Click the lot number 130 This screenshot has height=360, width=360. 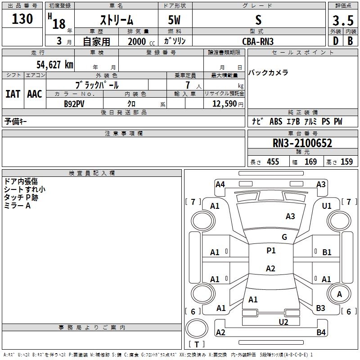[23, 19]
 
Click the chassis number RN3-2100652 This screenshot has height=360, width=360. [302, 144]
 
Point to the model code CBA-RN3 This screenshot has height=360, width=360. [258, 41]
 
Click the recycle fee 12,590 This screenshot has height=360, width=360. [224, 104]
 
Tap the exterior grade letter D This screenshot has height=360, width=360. [335, 41]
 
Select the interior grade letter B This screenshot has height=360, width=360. [350, 41]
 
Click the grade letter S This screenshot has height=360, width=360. [258, 20]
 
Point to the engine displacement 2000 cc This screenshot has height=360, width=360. [137, 41]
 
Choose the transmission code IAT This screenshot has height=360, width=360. [13, 94]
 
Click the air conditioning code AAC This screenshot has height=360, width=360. [35, 94]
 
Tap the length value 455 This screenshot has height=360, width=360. [273, 162]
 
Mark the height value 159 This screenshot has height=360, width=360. [346, 162]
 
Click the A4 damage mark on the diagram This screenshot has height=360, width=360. [220, 184]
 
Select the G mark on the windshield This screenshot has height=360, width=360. [284, 237]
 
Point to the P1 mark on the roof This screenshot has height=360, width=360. [271, 251]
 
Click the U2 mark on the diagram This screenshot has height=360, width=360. [283, 322]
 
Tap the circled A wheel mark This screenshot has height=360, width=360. [339, 294]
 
